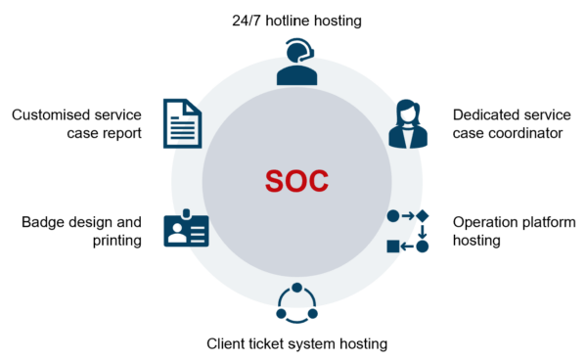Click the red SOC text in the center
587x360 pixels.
click(x=296, y=181)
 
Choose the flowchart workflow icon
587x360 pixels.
click(x=408, y=230)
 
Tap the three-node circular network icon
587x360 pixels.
click(x=296, y=303)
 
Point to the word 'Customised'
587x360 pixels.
click(x=54, y=114)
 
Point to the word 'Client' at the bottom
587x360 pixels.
click(x=229, y=343)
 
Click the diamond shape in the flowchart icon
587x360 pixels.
click(x=423, y=215)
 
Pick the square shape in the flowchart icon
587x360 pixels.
click(x=393, y=246)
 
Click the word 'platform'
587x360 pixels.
click(x=552, y=221)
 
